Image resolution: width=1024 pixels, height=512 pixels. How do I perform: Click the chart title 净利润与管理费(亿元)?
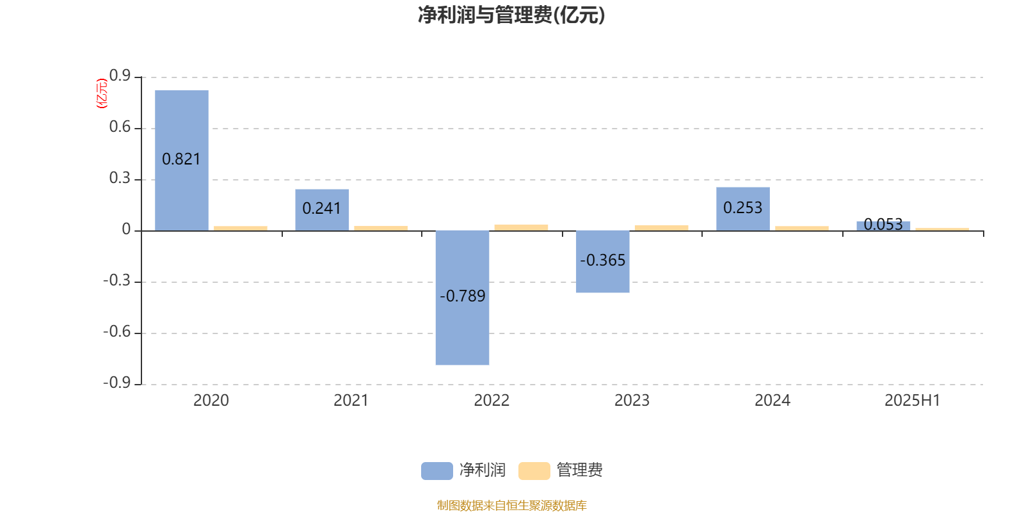point(511,15)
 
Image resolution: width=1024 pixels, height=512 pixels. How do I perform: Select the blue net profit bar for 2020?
point(182,161)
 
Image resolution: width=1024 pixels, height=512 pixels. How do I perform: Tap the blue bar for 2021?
point(322,210)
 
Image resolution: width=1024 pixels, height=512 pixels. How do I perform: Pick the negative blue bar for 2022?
point(462,298)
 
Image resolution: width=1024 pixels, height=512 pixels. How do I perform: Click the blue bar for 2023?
point(602,262)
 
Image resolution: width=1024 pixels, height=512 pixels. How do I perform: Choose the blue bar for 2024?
point(743,209)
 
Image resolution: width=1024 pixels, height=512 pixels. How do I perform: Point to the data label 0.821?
point(181,159)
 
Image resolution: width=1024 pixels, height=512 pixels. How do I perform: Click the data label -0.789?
point(462,296)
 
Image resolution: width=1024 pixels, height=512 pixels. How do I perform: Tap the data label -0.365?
point(602,260)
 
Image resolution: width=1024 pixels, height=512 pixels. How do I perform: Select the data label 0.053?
point(883,224)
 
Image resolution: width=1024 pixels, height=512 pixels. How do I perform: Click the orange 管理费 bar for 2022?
point(521,228)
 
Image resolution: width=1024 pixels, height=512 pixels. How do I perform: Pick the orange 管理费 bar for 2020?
point(241,228)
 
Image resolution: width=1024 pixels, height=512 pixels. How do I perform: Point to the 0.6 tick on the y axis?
point(120,127)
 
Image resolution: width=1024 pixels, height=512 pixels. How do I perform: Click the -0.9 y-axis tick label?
point(117,383)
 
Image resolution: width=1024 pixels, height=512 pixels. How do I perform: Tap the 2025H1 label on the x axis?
point(913,401)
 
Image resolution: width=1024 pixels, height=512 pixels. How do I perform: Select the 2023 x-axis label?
point(632,401)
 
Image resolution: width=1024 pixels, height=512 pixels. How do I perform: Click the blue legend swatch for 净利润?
point(437,471)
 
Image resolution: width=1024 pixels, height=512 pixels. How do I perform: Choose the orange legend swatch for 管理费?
point(534,471)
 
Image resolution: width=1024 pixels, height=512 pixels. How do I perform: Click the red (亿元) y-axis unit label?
point(102,93)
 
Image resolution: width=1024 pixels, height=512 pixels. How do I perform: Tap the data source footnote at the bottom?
point(511,505)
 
